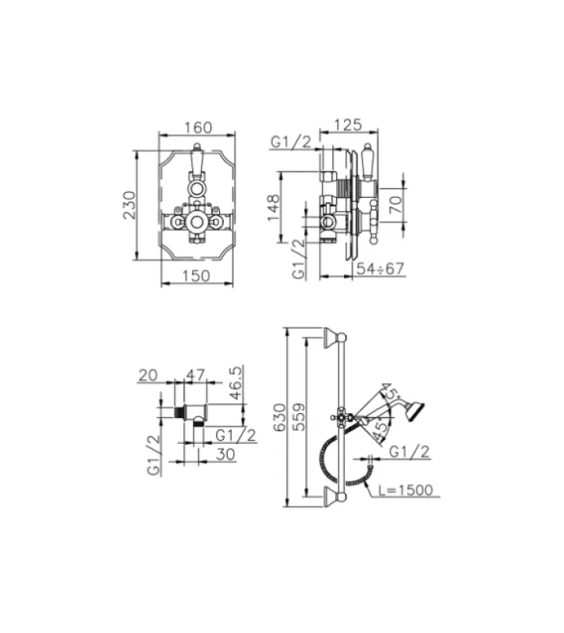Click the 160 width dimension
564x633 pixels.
point(198,127)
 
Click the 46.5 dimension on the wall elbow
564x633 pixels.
point(235,383)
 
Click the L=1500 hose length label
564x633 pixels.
point(404,490)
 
